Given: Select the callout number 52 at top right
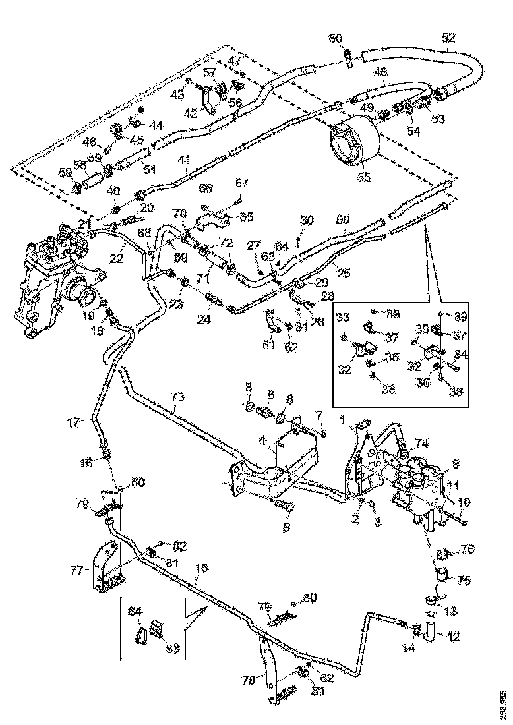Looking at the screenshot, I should (448, 38).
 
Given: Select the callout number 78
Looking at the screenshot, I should (247, 681).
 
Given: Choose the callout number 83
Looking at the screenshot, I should (172, 649).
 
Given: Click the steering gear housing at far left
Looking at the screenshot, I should (46, 283).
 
